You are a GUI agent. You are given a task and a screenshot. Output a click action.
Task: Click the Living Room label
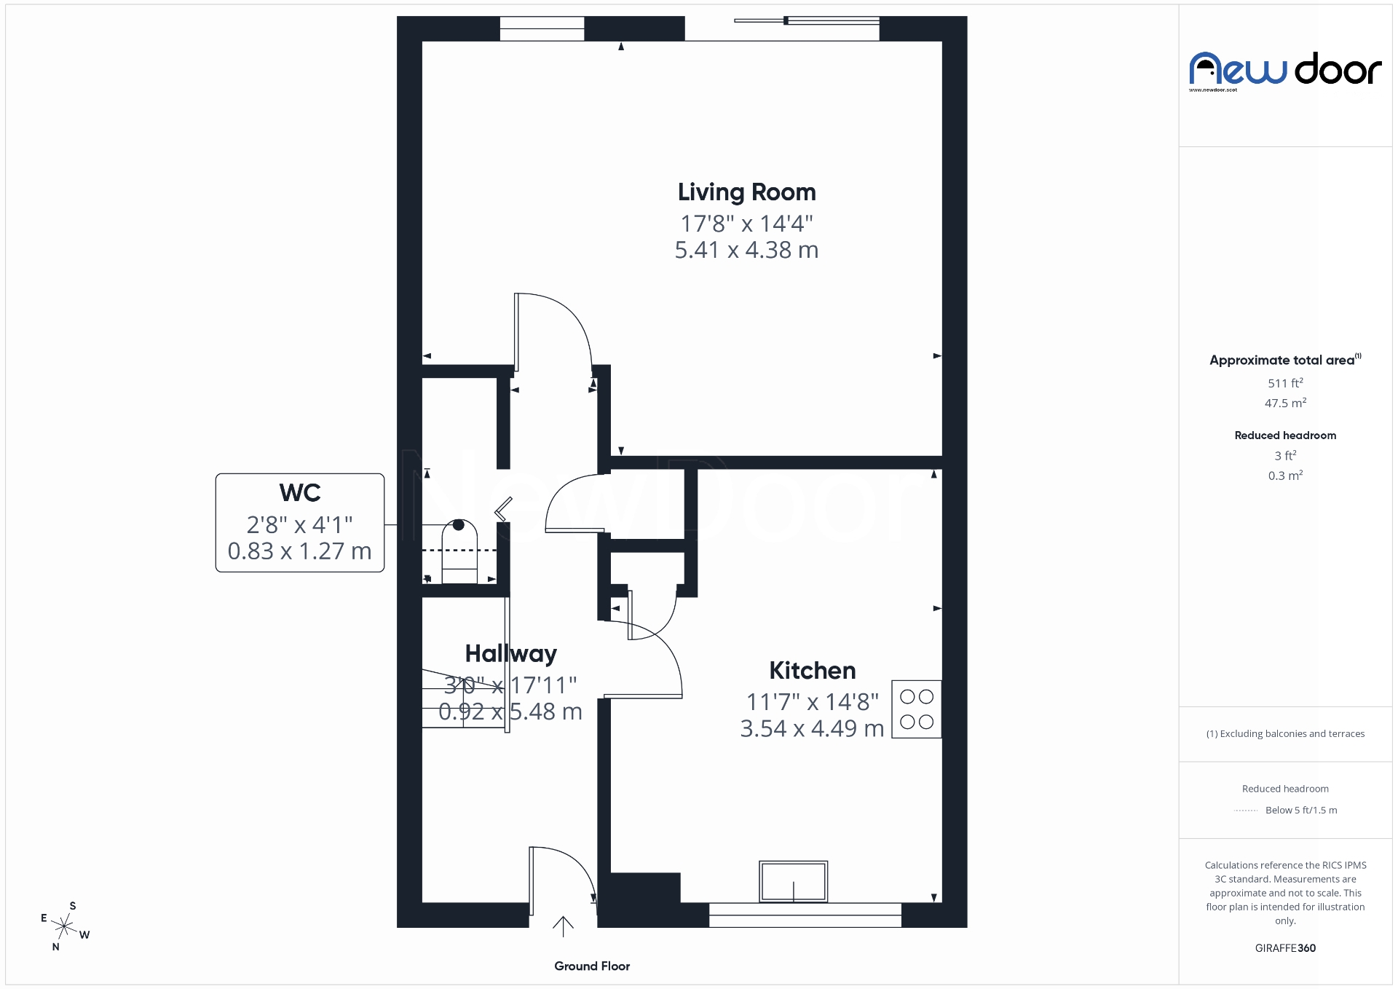click(746, 192)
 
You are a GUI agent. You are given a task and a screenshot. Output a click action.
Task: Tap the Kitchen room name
click(812, 671)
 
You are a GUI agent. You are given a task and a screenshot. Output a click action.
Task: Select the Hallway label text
click(510, 654)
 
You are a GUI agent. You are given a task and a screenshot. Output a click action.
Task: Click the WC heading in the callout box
click(299, 493)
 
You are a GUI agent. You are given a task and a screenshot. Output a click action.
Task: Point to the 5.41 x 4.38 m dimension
click(746, 250)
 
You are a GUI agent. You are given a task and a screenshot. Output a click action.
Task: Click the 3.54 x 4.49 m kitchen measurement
click(812, 728)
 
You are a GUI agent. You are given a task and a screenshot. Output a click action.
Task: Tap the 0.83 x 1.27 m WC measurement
click(299, 551)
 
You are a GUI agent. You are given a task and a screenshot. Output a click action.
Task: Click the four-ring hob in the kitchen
click(916, 709)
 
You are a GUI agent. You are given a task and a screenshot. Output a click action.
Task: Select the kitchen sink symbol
click(793, 881)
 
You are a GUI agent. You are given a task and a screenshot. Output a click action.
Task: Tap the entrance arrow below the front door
click(563, 926)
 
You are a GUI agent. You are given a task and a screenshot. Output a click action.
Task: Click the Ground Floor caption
click(591, 966)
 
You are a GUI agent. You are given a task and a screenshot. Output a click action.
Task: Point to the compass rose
click(66, 926)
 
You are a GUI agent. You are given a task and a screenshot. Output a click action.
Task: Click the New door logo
click(1285, 71)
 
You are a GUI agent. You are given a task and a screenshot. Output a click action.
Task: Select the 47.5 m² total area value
click(1285, 403)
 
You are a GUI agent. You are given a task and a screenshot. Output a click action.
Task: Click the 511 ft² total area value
click(1285, 383)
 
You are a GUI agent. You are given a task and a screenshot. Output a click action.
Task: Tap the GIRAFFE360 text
click(1285, 948)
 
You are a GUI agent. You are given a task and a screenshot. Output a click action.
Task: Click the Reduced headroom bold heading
click(1285, 436)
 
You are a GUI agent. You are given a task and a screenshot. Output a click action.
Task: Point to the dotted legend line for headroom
click(1246, 811)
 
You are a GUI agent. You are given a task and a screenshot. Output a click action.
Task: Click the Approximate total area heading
click(1281, 360)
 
